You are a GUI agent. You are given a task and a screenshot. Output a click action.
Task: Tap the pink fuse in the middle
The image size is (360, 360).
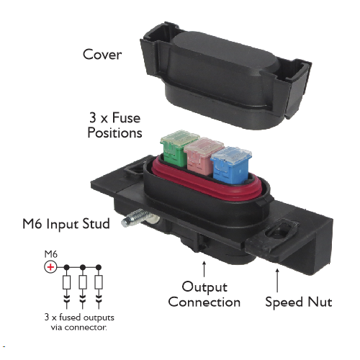coord(203,157)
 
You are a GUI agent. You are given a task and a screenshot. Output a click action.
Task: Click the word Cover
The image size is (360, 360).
coord(102,54)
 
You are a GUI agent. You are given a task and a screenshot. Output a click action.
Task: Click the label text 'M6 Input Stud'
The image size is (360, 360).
coord(66,224)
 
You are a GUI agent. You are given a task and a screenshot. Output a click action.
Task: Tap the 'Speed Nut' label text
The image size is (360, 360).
coord(299,302)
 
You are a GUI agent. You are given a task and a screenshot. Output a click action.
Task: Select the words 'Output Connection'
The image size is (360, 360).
coord(204,294)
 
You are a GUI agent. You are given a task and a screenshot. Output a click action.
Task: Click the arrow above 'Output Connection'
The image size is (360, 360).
coord(204,269)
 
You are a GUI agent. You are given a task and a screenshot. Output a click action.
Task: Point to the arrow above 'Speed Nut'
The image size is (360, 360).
coord(277,280)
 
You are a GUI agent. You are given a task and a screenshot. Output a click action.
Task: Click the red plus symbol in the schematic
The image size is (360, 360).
coord(50,267)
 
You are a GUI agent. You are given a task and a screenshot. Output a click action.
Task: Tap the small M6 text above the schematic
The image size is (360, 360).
coord(51,254)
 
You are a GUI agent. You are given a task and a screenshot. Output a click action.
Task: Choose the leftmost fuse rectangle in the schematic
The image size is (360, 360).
coord(67,282)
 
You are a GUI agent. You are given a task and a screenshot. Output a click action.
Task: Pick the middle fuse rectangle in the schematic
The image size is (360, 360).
coord(83,282)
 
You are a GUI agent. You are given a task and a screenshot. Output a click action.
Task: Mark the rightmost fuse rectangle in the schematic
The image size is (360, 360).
coord(99,282)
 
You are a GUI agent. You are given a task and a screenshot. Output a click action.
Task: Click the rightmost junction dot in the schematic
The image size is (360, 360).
coord(99,267)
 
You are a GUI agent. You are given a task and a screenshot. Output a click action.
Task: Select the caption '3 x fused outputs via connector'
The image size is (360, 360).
coord(79,322)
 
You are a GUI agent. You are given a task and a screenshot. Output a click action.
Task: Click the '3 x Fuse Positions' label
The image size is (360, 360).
coord(114,125)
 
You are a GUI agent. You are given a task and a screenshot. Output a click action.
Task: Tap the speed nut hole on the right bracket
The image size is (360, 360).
coord(279,233)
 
